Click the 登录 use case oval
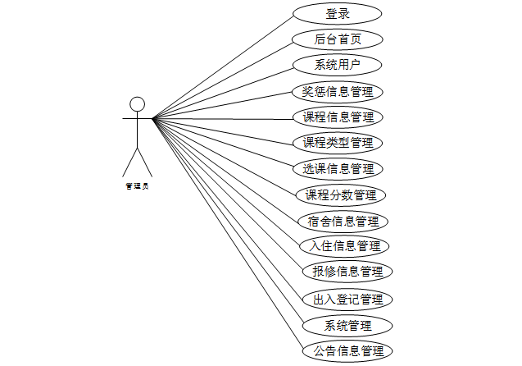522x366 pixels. [x=338, y=14]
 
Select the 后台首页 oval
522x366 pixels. [x=338, y=39]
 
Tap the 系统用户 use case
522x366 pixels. [x=338, y=65]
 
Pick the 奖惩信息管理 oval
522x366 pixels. [x=338, y=91]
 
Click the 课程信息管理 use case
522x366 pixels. [x=338, y=117]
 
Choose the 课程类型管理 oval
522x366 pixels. [x=338, y=143]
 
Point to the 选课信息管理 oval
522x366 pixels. [x=338, y=169]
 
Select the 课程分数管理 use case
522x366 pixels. [x=340, y=195]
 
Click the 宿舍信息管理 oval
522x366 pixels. [x=343, y=221]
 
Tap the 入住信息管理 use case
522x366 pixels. [x=343, y=246]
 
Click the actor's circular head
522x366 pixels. [x=138, y=103]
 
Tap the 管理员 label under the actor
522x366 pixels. [x=137, y=186]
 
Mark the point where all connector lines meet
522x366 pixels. [x=153, y=119]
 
